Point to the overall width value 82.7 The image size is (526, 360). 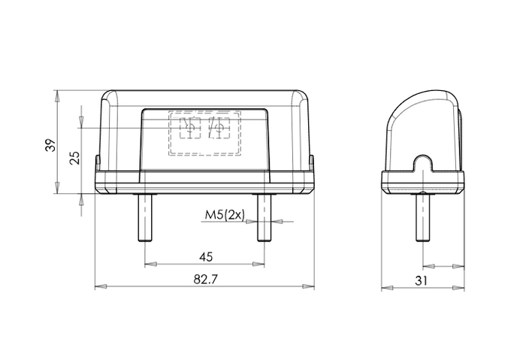(x=204, y=280)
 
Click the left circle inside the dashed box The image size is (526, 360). (x=190, y=130)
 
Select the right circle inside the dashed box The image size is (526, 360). (x=219, y=130)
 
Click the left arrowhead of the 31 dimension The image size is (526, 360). (x=385, y=287)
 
